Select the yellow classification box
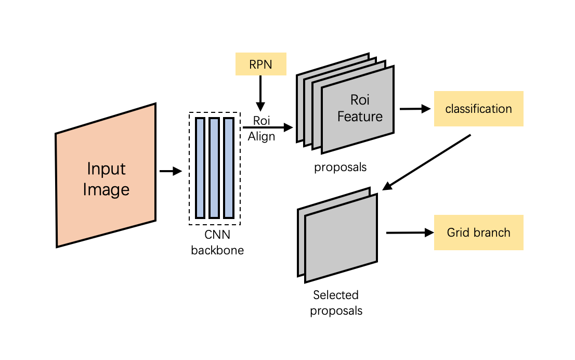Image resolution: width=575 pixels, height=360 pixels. pyautogui.click(x=478, y=109)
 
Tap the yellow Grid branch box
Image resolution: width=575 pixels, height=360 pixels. pyautogui.click(x=478, y=233)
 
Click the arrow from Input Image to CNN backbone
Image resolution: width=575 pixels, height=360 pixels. pyautogui.click(x=170, y=171)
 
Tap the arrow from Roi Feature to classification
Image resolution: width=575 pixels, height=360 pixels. pyautogui.click(x=415, y=109)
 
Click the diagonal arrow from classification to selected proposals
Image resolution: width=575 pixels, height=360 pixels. pyautogui.click(x=426, y=162)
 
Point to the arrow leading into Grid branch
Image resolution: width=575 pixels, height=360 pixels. pyautogui.click(x=410, y=233)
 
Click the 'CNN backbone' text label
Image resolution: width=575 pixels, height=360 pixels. pyautogui.click(x=217, y=243)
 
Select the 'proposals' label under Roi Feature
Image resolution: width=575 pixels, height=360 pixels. pyautogui.click(x=340, y=168)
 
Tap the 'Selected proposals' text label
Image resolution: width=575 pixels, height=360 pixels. pyautogui.click(x=336, y=303)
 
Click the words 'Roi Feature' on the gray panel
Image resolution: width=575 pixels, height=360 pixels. pyautogui.click(x=360, y=108)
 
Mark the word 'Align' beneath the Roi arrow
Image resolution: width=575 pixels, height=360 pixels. pyautogui.click(x=261, y=137)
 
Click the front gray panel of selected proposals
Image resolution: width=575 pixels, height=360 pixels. pyautogui.click(x=341, y=239)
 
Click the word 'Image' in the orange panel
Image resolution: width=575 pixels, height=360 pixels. pyautogui.click(x=106, y=189)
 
